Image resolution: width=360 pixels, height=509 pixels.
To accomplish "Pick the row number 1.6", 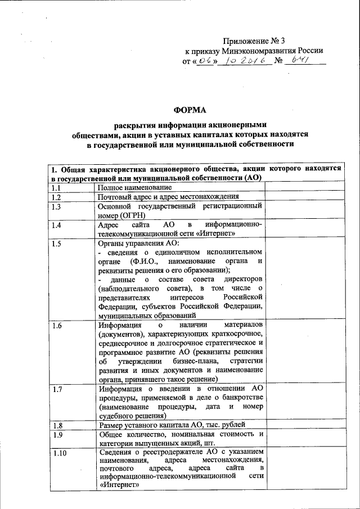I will (x=56, y=325).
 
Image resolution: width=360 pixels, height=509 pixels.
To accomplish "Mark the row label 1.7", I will (x=56, y=389).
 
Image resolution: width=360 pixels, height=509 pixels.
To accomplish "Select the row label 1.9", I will (x=56, y=435).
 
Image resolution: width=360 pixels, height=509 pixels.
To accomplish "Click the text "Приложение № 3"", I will (x=254, y=40).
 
